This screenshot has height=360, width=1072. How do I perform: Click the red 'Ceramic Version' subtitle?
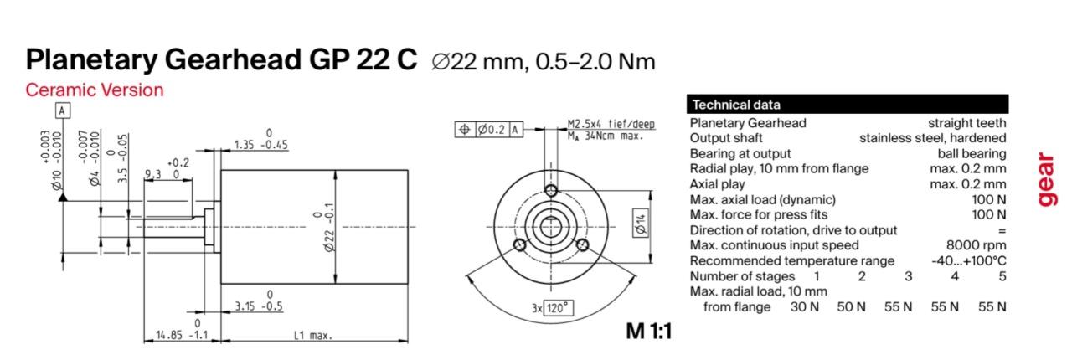[95, 90]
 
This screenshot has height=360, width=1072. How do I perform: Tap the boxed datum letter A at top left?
[63, 111]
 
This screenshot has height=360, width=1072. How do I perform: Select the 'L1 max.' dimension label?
[312, 336]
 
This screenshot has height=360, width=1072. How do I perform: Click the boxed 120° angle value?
[559, 308]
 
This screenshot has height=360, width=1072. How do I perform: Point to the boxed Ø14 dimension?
[641, 224]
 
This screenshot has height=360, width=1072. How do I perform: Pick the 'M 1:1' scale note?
[648, 331]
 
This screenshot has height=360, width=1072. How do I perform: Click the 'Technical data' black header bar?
[848, 105]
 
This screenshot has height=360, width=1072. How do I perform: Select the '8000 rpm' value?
[976, 245]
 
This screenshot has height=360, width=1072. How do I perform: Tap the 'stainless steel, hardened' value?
[932, 138]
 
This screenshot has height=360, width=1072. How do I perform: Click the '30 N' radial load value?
[805, 307]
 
